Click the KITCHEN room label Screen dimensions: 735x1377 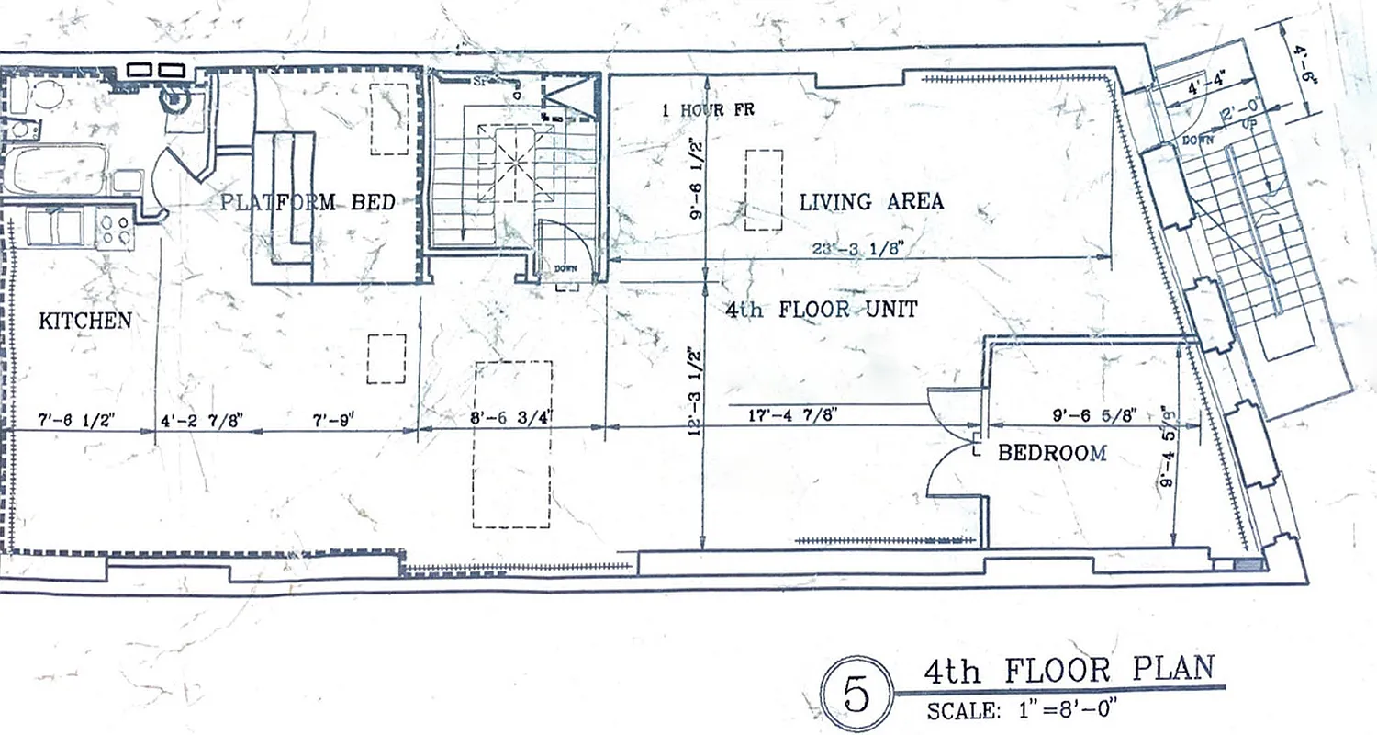click(x=85, y=321)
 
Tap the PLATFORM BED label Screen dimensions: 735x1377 click(x=308, y=202)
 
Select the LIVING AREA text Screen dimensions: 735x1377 click(x=871, y=201)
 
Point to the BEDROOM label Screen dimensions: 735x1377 click(x=1051, y=452)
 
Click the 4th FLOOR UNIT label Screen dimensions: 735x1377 click(x=821, y=310)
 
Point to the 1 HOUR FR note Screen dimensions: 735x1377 click(x=706, y=110)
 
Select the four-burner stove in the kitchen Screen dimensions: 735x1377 click(x=115, y=227)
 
